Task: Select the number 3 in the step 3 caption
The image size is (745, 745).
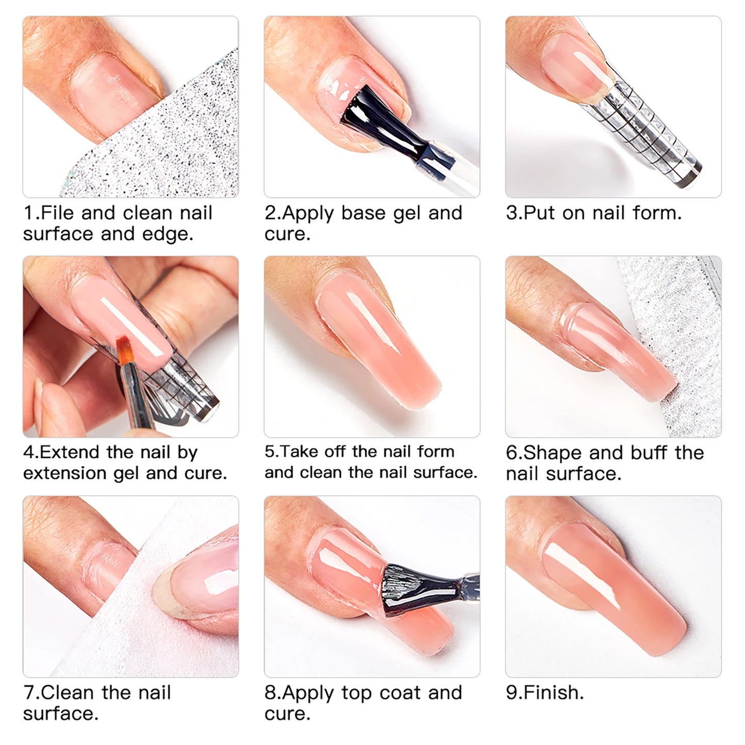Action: (511, 213)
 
